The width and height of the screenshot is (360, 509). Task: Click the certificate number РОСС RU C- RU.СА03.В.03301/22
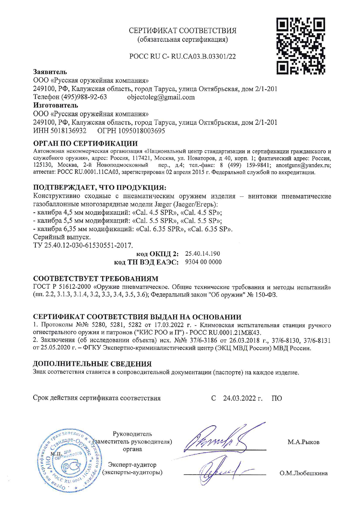(x=182, y=57)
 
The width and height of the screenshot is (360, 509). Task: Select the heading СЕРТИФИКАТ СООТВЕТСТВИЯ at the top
(x=182, y=30)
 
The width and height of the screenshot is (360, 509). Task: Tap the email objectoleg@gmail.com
(x=161, y=97)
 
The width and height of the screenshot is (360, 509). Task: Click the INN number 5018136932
(x=68, y=131)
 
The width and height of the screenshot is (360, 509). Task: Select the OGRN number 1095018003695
(x=141, y=131)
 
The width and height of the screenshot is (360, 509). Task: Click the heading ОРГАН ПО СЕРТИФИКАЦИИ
(x=85, y=144)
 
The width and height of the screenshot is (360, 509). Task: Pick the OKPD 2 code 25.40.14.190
(x=202, y=254)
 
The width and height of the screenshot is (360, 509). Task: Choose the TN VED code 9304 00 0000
(x=203, y=262)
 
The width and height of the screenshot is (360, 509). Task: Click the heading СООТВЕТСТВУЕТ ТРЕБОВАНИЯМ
(x=96, y=279)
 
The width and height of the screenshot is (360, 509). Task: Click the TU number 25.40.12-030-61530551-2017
(x=88, y=246)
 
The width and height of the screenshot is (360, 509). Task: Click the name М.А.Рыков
(x=303, y=442)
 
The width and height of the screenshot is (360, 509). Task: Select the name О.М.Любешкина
(x=303, y=473)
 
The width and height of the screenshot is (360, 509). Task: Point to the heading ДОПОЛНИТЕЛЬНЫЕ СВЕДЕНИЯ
(x=92, y=364)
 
